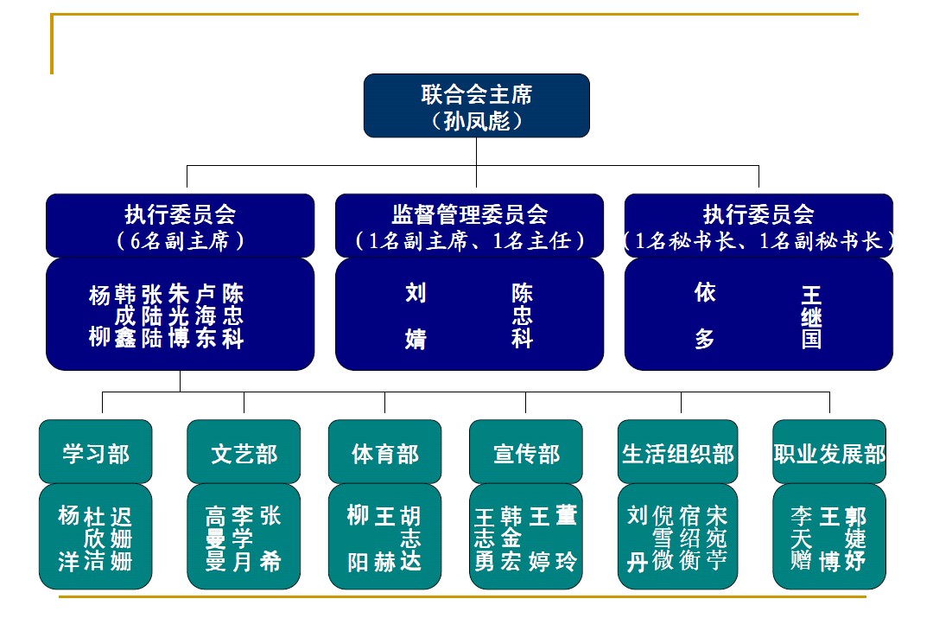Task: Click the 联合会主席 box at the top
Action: (476, 95)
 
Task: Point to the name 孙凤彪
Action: (476, 121)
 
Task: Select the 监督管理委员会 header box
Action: (469, 226)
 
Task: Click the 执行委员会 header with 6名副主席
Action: (180, 226)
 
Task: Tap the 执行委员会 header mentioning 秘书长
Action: (758, 226)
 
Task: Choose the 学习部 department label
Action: (95, 453)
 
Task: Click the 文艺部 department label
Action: (244, 453)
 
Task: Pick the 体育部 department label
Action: (384, 453)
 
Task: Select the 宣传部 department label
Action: (526, 453)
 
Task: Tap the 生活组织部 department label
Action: (678, 453)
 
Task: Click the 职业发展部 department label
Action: (829, 453)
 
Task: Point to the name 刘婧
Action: (416, 315)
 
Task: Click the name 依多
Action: (705, 315)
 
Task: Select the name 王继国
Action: (811, 317)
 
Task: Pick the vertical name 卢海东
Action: (206, 315)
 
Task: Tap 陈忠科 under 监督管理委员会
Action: (522, 315)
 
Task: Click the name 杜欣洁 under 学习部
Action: (95, 539)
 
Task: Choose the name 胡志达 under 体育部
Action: (410, 539)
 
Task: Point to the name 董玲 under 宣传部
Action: (566, 538)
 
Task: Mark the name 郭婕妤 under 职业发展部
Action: (855, 539)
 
